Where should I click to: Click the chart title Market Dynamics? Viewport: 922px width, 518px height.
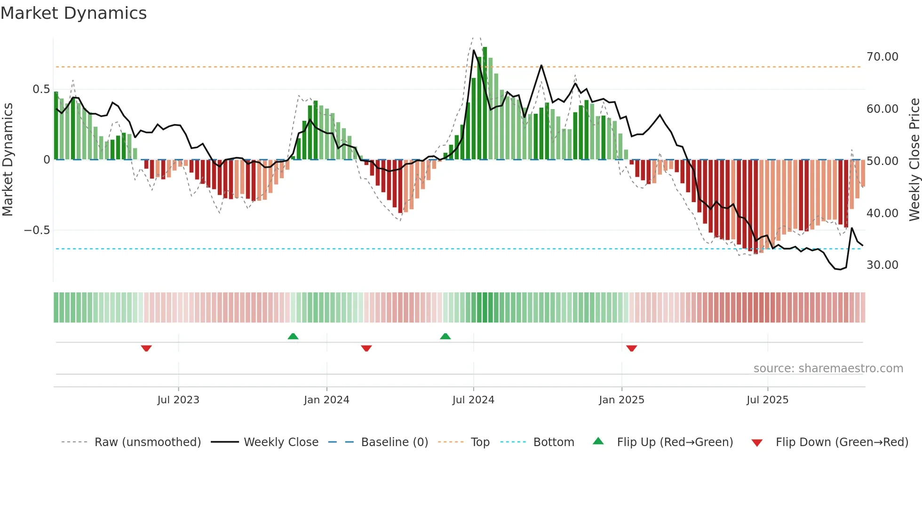[73, 13]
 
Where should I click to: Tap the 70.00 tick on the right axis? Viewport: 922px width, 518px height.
[882, 57]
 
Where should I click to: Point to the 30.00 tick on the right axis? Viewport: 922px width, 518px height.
[882, 265]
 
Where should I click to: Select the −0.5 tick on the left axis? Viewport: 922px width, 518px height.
[37, 230]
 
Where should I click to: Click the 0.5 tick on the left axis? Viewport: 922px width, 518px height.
[41, 89]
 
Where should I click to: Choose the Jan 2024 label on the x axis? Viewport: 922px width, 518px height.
[326, 400]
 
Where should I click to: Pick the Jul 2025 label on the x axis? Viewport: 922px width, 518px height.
[767, 400]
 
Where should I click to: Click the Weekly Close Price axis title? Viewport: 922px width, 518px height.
[914, 160]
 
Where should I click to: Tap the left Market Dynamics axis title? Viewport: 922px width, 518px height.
[8, 160]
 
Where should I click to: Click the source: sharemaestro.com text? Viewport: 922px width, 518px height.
[828, 369]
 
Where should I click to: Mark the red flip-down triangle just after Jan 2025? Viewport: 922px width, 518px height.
[631, 348]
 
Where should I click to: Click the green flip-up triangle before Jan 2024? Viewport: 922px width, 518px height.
[293, 336]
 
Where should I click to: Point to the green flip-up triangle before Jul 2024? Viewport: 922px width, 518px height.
[445, 336]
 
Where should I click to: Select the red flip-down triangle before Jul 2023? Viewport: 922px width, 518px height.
[146, 348]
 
